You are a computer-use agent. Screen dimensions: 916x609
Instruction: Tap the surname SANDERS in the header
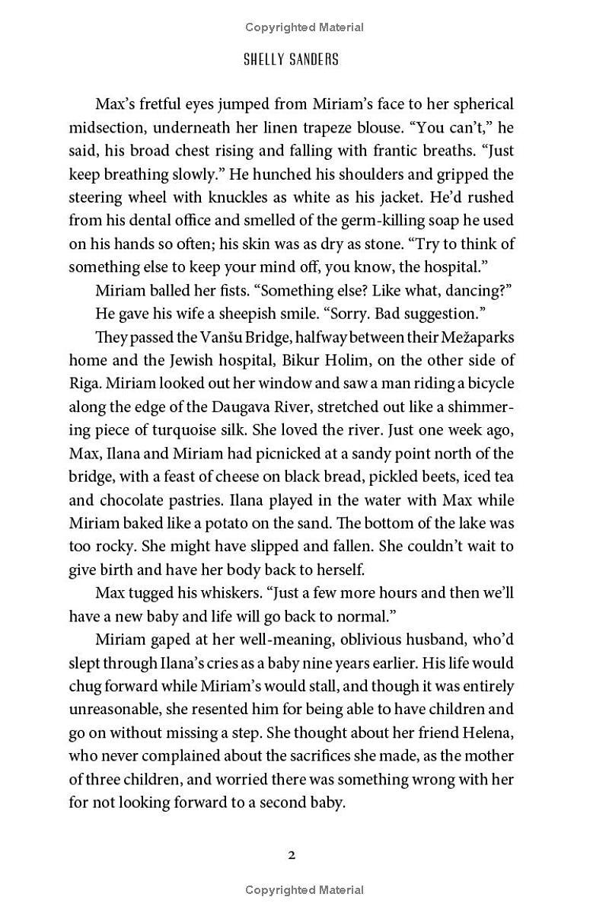tap(314, 60)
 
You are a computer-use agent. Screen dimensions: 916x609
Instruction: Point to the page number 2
tap(292, 855)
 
